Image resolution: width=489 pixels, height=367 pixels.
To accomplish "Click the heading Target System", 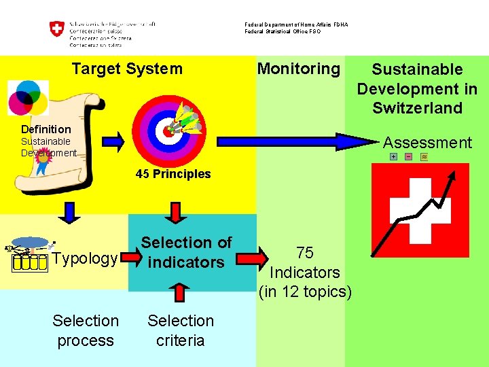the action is [127, 69].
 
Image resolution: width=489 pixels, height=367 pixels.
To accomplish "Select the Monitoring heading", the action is [298, 69].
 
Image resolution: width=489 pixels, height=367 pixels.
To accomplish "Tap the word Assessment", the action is [427, 143].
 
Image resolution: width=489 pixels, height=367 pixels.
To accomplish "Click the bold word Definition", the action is [46, 129].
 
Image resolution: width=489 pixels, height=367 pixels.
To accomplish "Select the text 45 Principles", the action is [173, 174].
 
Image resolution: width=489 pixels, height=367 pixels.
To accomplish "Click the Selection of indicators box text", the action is [186, 252].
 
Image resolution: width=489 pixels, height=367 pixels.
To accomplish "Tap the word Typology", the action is [85, 259].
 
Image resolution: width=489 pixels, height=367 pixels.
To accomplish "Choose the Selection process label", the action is [86, 330].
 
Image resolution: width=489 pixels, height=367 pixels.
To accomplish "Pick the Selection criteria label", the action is [181, 330].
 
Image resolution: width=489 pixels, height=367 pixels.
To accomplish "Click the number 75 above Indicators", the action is [305, 253].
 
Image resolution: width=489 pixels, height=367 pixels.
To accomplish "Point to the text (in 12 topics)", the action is [305, 292].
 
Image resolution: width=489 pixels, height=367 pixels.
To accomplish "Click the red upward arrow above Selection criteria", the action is [179, 292].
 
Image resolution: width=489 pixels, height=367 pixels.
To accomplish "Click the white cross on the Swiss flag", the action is [420, 211].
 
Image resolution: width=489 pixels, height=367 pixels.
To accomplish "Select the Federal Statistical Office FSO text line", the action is [283, 31].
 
